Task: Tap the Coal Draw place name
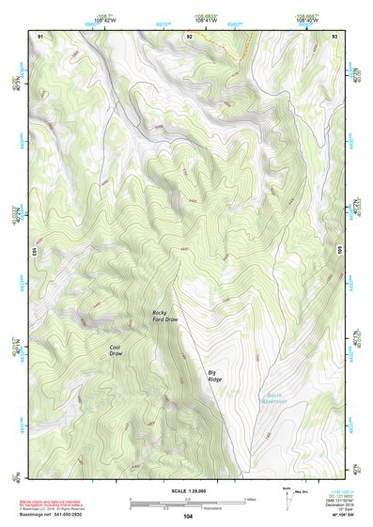116,349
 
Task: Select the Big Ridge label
216,376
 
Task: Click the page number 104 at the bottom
187,517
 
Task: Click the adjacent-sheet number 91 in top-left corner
39,36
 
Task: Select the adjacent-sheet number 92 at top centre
189,36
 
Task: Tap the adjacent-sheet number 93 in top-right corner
334,36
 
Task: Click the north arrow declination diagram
288,498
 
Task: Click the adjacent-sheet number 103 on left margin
35,251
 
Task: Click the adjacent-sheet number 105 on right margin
339,251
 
